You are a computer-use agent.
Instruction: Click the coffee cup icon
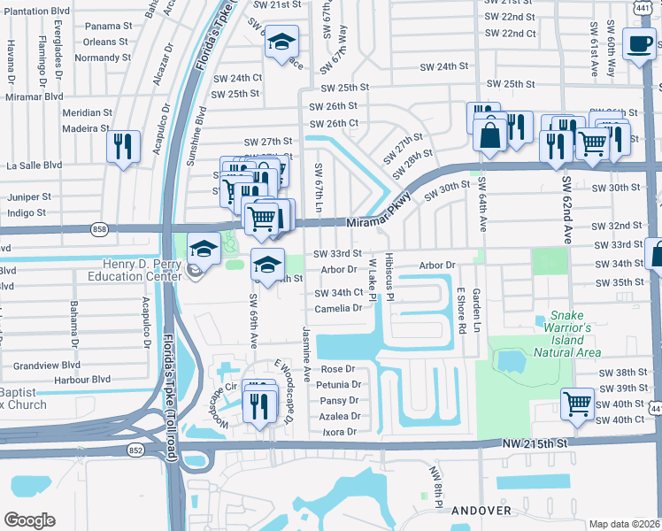point(638,42)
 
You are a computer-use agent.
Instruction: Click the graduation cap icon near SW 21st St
point(281,42)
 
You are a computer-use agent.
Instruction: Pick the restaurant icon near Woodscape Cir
point(259,403)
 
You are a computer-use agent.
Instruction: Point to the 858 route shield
point(99,228)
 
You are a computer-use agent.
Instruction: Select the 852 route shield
point(135,450)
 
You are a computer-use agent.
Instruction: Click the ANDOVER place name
point(481,511)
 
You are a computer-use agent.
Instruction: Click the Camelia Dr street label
point(338,309)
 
